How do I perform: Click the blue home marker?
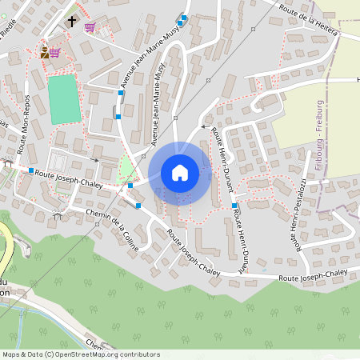180,173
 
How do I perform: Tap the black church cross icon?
72,22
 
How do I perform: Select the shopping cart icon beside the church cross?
90,27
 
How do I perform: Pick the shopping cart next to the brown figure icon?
55,53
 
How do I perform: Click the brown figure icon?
44,53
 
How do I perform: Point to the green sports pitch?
65,99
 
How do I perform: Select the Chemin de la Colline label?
112,230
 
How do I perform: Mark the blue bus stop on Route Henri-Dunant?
234,206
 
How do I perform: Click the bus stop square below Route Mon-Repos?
30,171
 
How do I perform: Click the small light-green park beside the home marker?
126,168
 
